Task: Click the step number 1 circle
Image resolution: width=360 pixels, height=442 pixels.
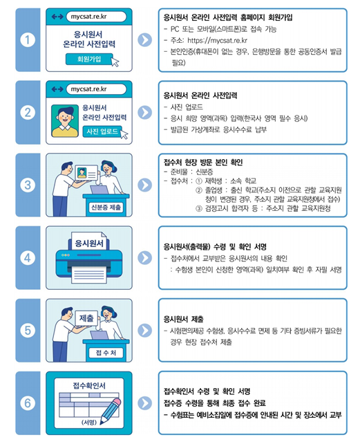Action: (27, 40)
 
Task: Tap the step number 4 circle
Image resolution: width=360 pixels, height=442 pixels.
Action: (27, 258)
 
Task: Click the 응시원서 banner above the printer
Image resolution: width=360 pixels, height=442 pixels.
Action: (88, 244)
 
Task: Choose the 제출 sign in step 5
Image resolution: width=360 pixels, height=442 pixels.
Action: (86, 317)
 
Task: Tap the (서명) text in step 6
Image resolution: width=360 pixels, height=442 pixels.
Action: (88, 421)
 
